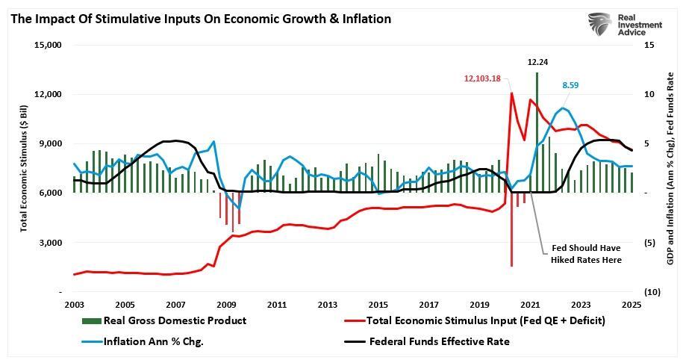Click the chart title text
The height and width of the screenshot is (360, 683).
[x=200, y=19]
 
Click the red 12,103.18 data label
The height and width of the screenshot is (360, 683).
[x=482, y=78]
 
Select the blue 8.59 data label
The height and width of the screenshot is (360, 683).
[x=570, y=86]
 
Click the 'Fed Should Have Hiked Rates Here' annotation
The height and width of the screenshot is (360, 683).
[x=586, y=253]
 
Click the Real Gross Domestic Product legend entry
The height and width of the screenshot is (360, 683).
[x=164, y=320]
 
